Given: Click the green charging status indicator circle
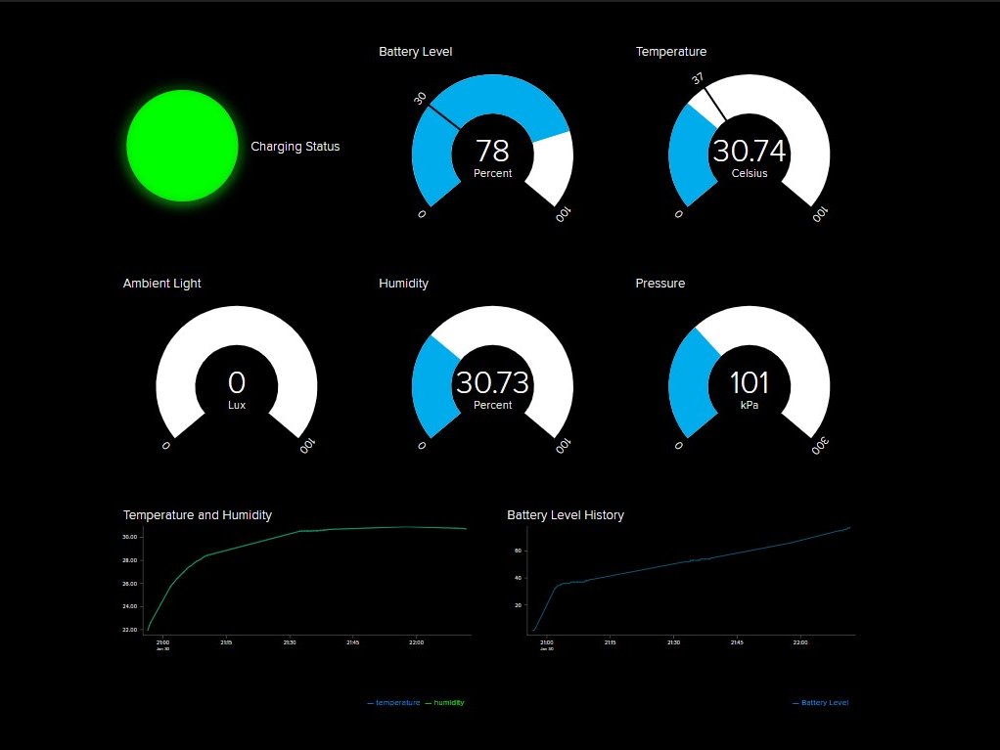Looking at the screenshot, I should (x=182, y=146).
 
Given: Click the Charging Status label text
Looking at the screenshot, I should (x=295, y=147).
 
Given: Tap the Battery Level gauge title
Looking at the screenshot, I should (x=415, y=52).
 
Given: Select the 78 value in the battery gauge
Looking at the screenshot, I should (x=492, y=151).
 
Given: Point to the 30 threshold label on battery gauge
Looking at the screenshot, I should (x=421, y=98).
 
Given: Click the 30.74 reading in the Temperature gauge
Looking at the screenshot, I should (x=749, y=151).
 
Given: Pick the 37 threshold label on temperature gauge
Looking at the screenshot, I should (x=698, y=78).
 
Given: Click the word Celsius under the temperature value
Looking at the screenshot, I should (x=749, y=174).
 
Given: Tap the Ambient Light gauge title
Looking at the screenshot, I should (x=161, y=284).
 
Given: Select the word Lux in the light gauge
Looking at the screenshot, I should (x=237, y=405).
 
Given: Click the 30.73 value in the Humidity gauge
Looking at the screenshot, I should (x=492, y=382).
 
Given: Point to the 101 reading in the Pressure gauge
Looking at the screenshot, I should (x=749, y=382).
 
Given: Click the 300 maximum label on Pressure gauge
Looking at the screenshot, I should (x=821, y=446).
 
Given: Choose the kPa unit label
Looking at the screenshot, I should (x=749, y=405).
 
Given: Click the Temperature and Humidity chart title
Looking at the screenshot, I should (x=197, y=515).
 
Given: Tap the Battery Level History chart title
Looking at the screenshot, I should (x=565, y=515).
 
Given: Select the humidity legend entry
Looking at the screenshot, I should (x=448, y=703).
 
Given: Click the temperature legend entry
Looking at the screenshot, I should (x=396, y=703).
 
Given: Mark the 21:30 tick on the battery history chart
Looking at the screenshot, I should (x=673, y=642).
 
